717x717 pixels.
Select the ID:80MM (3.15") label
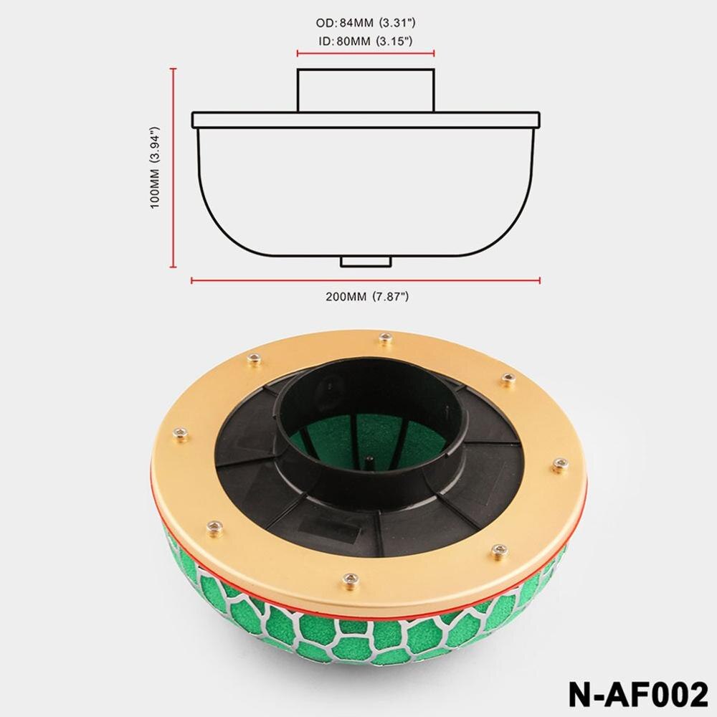point(366,42)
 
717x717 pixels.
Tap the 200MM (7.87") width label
point(366,295)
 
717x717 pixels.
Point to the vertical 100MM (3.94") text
point(153,168)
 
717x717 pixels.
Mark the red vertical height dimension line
point(174,168)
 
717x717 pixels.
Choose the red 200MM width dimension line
point(366,280)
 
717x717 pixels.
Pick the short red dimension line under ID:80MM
point(366,52)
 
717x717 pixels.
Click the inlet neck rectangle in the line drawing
point(366,90)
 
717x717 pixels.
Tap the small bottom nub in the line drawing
point(366,261)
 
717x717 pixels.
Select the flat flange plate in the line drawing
point(366,120)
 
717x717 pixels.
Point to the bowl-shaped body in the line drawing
point(366,194)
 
